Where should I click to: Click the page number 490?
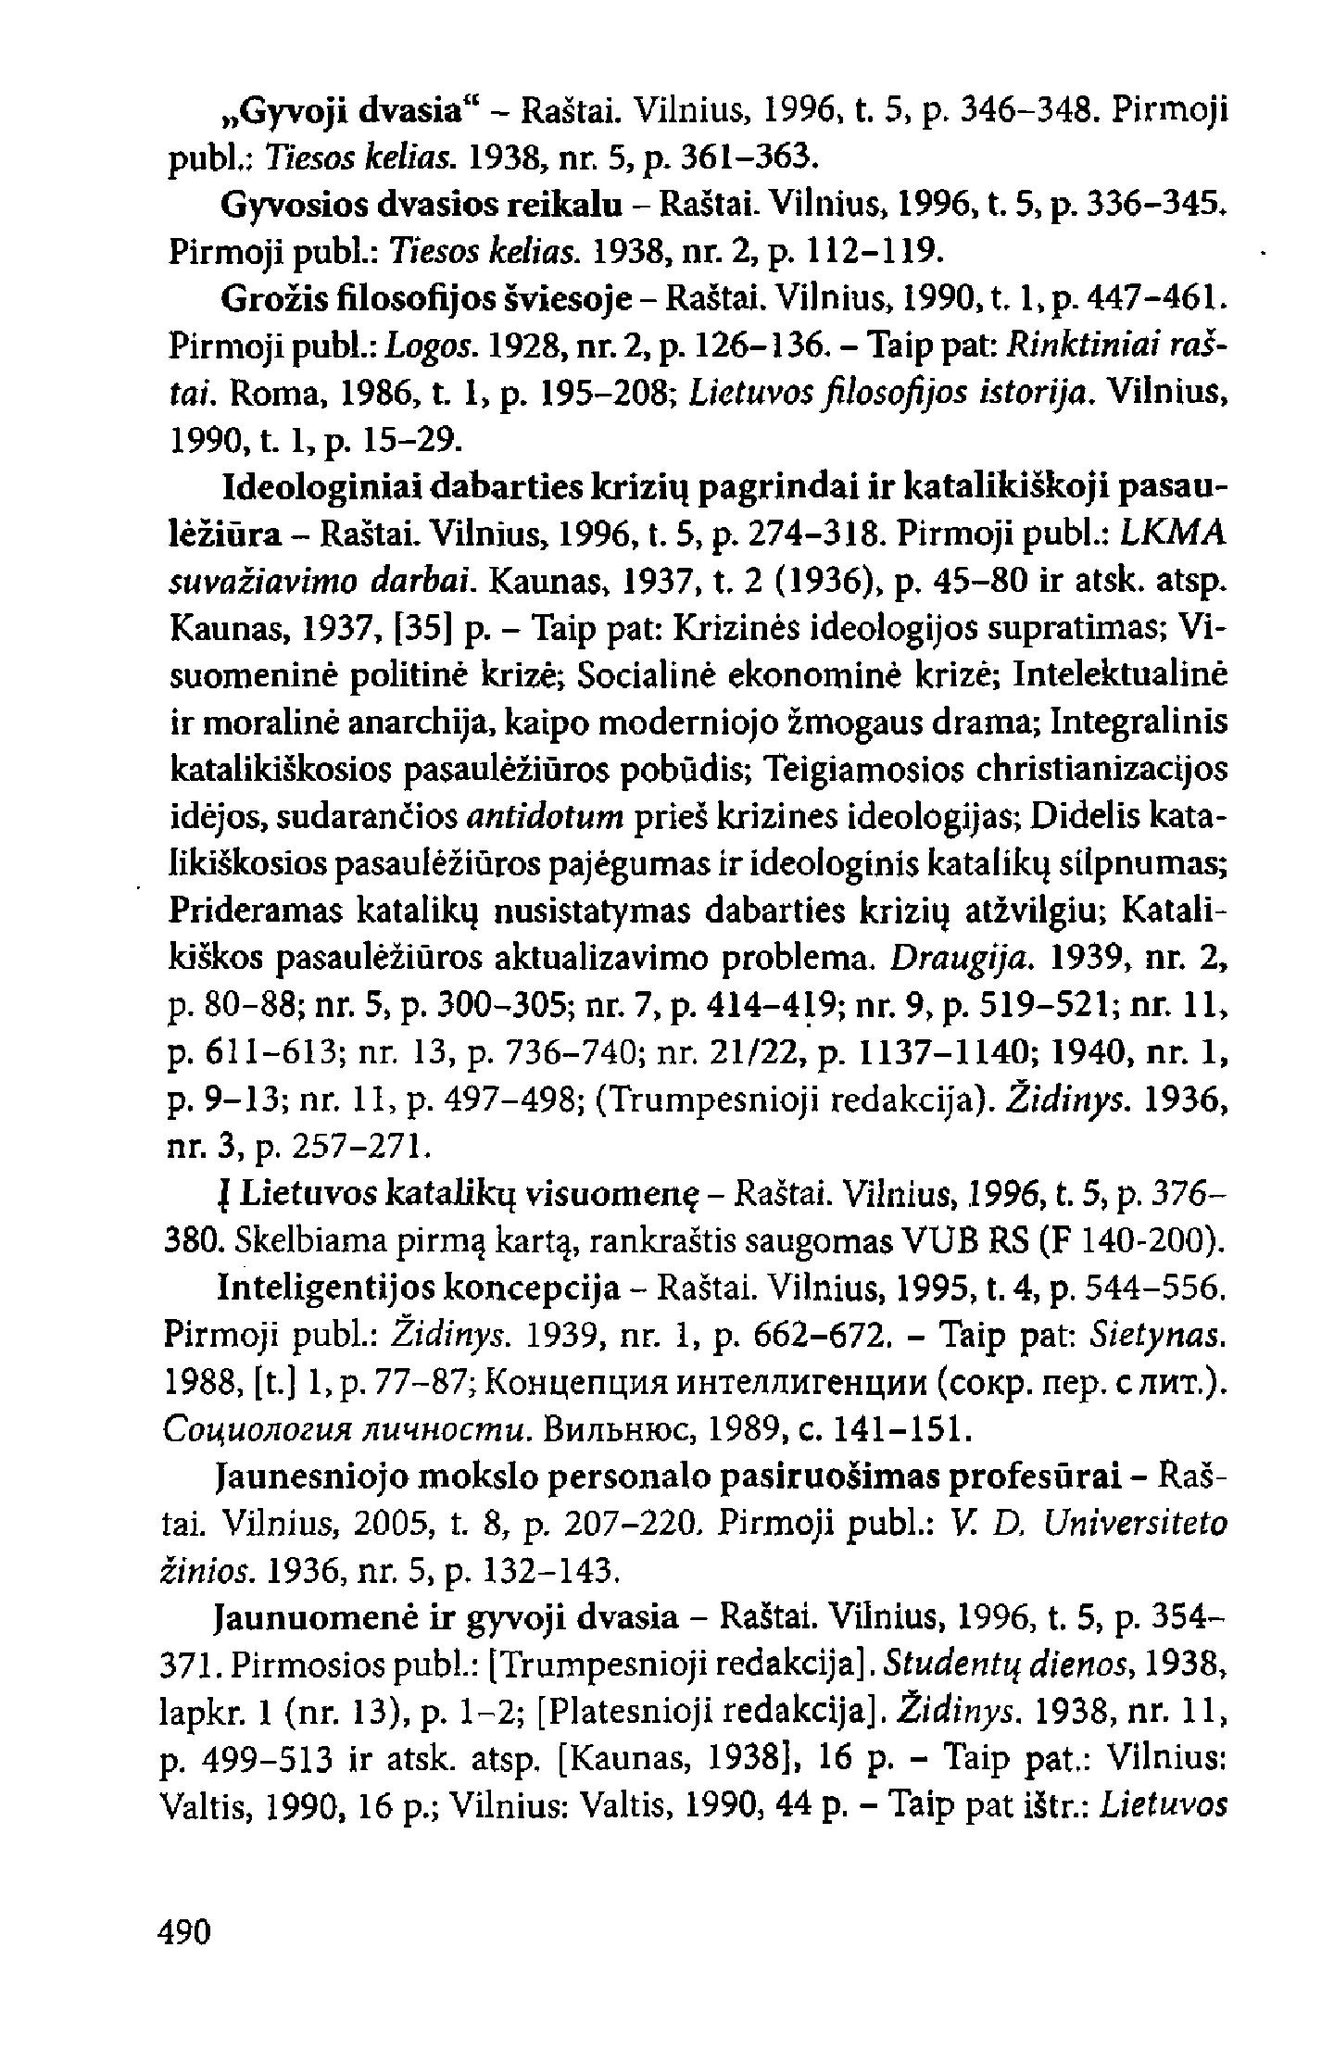tap(185, 1929)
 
